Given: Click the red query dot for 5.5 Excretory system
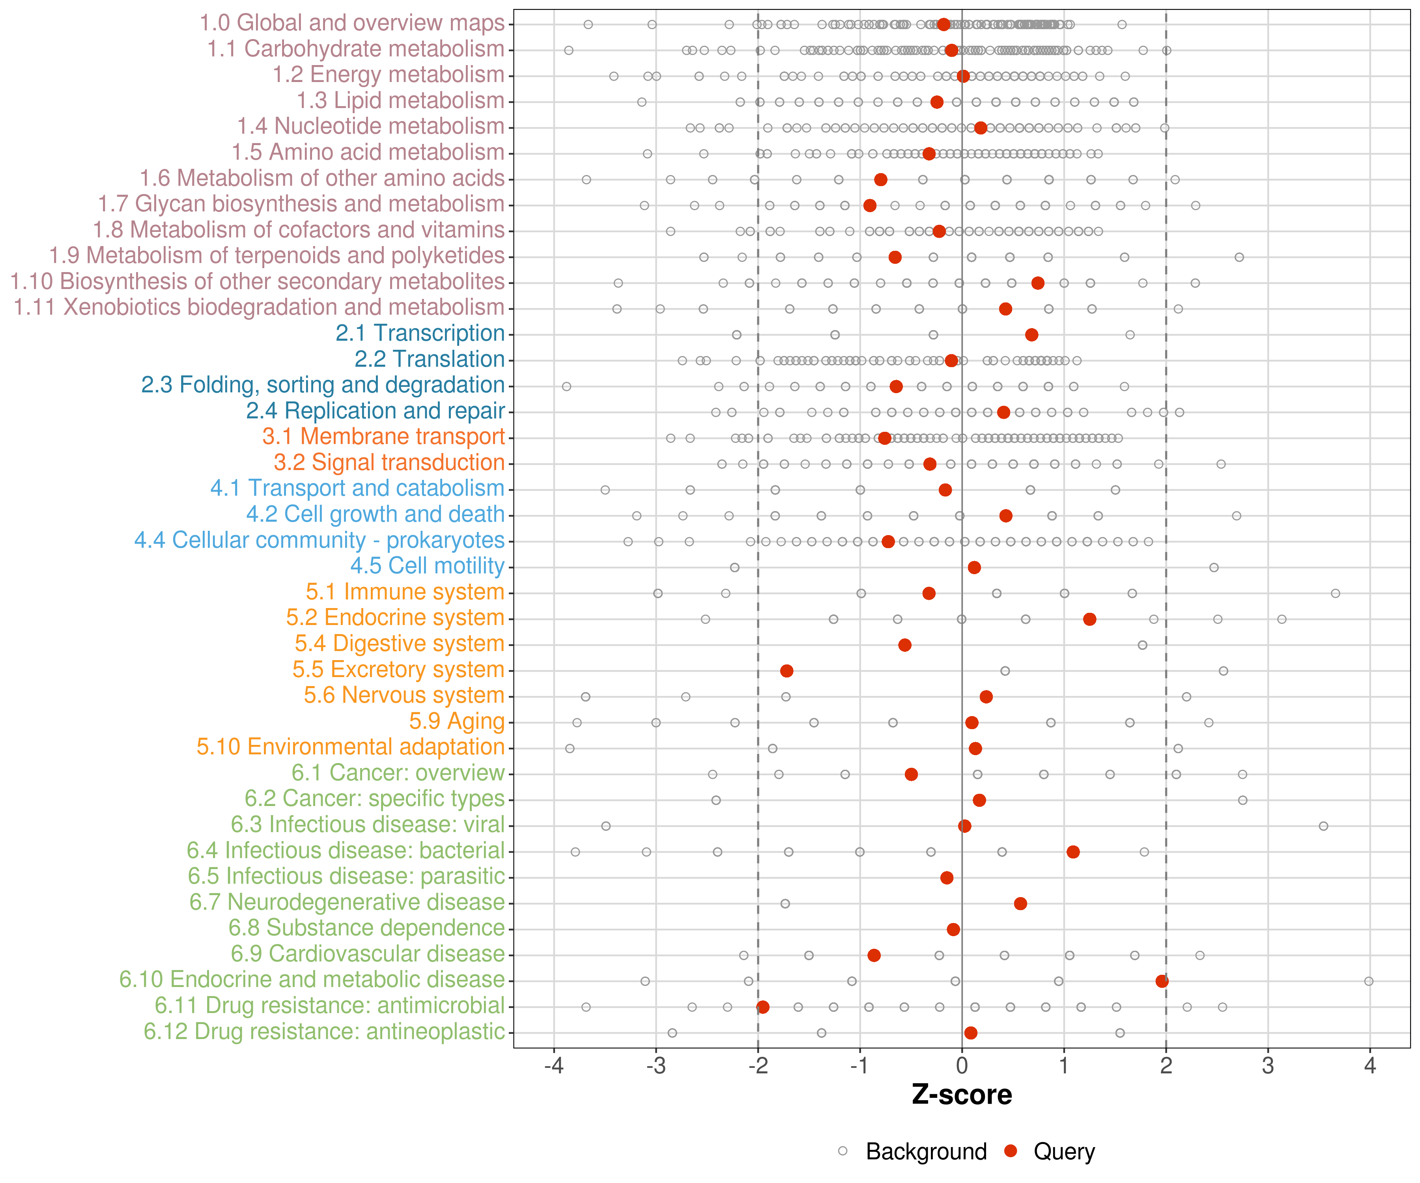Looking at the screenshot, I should click(x=787, y=671).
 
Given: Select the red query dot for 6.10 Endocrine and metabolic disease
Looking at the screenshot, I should click(x=1162, y=981).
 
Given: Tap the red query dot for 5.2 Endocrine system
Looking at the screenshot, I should click(x=1089, y=619).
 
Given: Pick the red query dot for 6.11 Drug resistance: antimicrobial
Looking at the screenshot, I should click(x=763, y=1007).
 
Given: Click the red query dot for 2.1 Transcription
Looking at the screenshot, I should click(x=1031, y=335).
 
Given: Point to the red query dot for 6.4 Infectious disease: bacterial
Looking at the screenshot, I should click(x=1073, y=852).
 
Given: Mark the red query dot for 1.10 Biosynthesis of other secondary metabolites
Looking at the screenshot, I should click(x=1038, y=283).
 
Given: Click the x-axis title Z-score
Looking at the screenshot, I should click(x=962, y=1094).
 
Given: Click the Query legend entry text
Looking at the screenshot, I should click(x=1064, y=1151).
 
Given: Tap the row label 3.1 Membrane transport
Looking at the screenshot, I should click(x=383, y=437).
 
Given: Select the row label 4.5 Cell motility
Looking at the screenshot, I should click(x=427, y=566).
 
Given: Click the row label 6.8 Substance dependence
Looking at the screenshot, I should click(x=366, y=928).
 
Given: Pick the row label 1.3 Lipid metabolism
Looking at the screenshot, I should click(x=400, y=101).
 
